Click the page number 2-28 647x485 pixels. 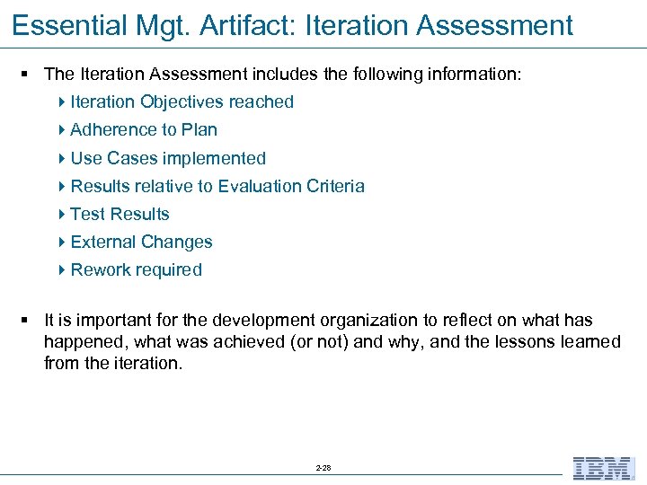point(323,468)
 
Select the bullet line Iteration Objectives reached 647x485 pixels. point(182,101)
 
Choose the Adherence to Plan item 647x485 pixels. point(144,129)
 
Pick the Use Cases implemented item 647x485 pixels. point(168,158)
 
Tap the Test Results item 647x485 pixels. point(120,214)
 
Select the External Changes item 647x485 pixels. point(141,242)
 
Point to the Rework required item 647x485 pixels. point(136,269)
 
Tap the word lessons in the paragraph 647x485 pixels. point(535,341)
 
